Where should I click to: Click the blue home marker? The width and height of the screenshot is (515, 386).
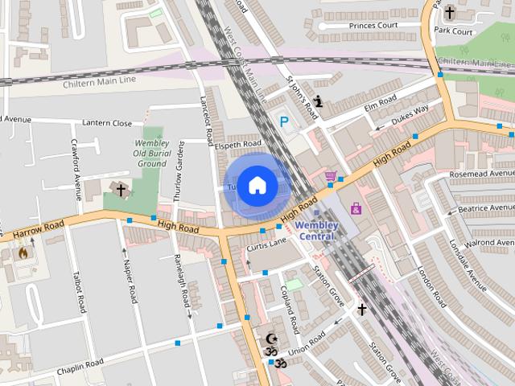pyautogui.click(x=257, y=186)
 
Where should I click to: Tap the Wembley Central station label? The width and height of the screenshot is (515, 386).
pyautogui.click(x=315, y=231)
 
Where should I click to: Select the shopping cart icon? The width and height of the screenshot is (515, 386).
pyautogui.click(x=330, y=176)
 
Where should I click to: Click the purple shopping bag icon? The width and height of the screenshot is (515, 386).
pyautogui.click(x=356, y=208)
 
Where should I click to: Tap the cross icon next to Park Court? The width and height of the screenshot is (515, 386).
pyautogui.click(x=449, y=13)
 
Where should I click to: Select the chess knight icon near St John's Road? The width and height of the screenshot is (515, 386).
pyautogui.click(x=319, y=101)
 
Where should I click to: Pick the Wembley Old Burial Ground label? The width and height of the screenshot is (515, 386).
pyautogui.click(x=151, y=153)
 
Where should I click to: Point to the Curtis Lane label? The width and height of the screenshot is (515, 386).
pyautogui.click(x=266, y=243)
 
